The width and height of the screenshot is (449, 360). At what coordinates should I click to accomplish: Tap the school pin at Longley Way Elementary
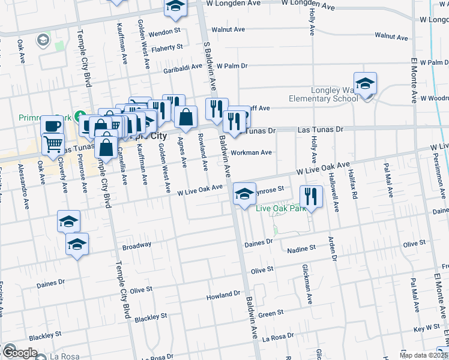pos(365,85)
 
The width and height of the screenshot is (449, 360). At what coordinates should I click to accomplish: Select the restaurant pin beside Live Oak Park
pos(311,196)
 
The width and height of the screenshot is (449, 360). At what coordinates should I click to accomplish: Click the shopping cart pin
pos(53,144)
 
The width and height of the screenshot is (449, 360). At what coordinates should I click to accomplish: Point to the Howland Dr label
pos(223,296)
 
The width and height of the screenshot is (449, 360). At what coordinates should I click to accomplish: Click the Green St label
pos(271,313)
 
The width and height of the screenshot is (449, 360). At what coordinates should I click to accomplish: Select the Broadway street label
pos(136,245)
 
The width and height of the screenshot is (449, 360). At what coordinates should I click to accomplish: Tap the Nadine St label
pos(301,248)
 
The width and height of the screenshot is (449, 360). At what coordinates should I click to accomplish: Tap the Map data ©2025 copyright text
pos(423,355)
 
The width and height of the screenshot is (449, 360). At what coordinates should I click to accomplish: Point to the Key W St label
pos(427,328)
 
